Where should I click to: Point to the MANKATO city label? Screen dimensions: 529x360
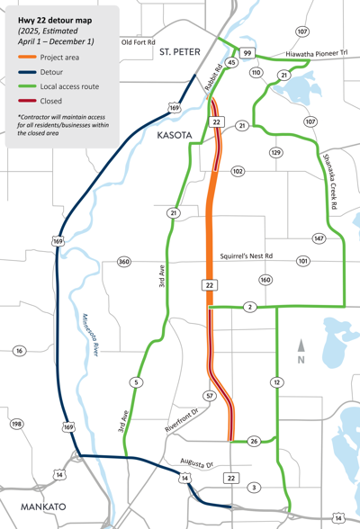(x=34, y=507)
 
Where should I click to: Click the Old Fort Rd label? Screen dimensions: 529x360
(x=139, y=41)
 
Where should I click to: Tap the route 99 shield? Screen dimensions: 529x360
(x=247, y=54)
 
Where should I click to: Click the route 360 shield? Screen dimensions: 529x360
(x=123, y=262)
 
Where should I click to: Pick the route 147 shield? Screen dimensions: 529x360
(x=319, y=238)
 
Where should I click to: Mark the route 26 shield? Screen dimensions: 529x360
(x=255, y=442)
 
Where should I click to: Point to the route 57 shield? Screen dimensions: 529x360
(x=209, y=397)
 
